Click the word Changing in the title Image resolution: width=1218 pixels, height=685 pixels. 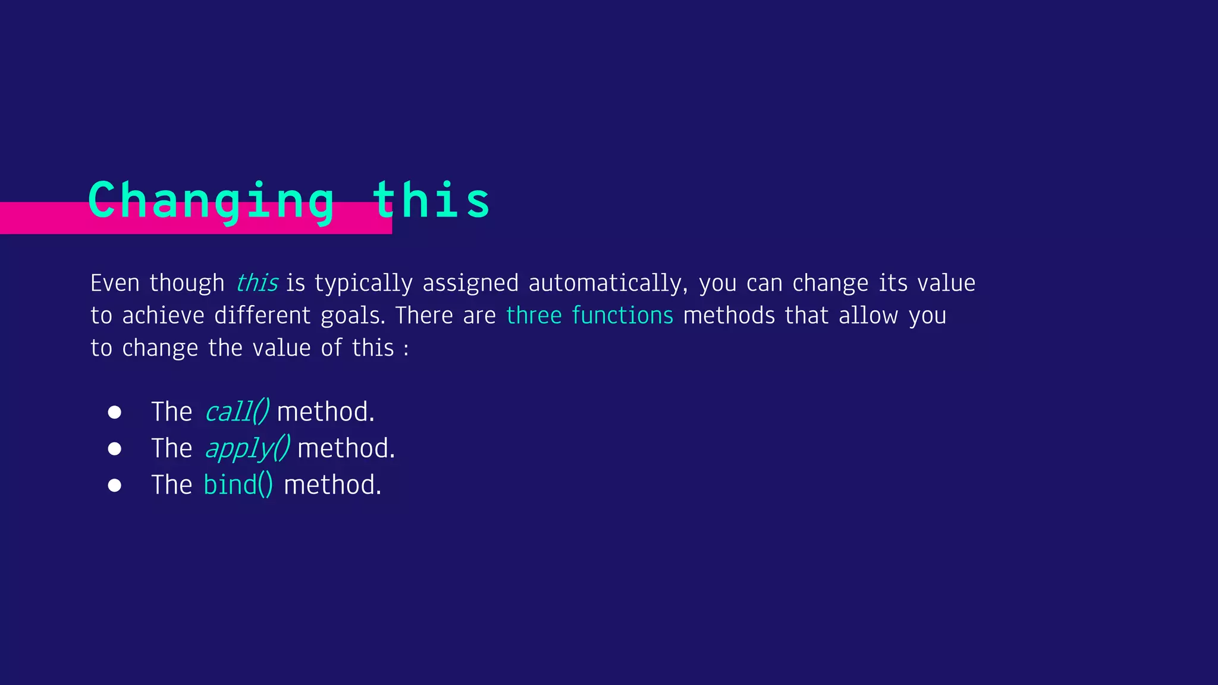click(x=211, y=201)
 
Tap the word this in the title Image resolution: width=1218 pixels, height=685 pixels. click(x=431, y=200)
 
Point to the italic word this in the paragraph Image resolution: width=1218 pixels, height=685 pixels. click(x=257, y=283)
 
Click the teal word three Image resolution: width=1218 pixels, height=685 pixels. click(x=533, y=316)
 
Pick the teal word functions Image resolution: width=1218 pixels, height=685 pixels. click(x=622, y=316)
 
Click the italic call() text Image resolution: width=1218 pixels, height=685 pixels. click(x=237, y=411)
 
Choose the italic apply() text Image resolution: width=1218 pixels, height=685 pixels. click(x=247, y=448)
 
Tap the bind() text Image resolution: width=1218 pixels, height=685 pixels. click(x=238, y=485)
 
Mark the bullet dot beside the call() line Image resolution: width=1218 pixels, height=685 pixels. click(x=115, y=412)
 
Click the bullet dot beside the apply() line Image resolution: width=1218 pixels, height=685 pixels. click(x=115, y=449)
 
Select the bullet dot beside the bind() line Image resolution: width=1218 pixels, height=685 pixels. click(x=115, y=486)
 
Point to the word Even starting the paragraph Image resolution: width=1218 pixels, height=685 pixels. click(x=115, y=284)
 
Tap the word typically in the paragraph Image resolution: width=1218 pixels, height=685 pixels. click(x=363, y=284)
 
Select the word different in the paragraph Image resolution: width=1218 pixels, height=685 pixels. click(x=262, y=316)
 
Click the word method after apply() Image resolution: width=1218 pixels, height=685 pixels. click(x=346, y=448)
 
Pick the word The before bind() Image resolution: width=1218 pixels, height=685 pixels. click(x=171, y=485)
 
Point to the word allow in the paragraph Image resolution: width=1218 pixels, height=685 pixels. click(x=868, y=316)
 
